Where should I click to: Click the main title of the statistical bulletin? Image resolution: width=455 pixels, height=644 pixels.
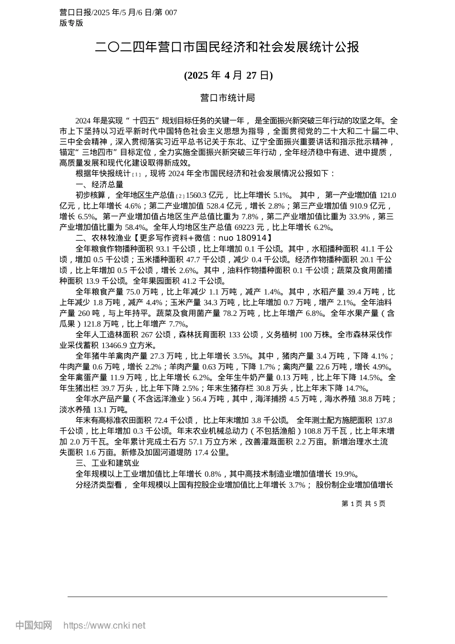227,47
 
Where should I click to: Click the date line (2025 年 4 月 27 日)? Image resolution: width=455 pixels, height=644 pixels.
228,75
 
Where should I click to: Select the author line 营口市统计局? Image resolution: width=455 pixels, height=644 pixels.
227,98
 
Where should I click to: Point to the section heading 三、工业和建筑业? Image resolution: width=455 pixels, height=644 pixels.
107,463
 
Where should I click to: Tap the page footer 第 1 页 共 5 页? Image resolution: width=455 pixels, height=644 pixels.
363,504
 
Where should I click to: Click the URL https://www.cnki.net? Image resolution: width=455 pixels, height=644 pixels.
104,625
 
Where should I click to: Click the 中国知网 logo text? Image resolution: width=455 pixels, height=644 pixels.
34,625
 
